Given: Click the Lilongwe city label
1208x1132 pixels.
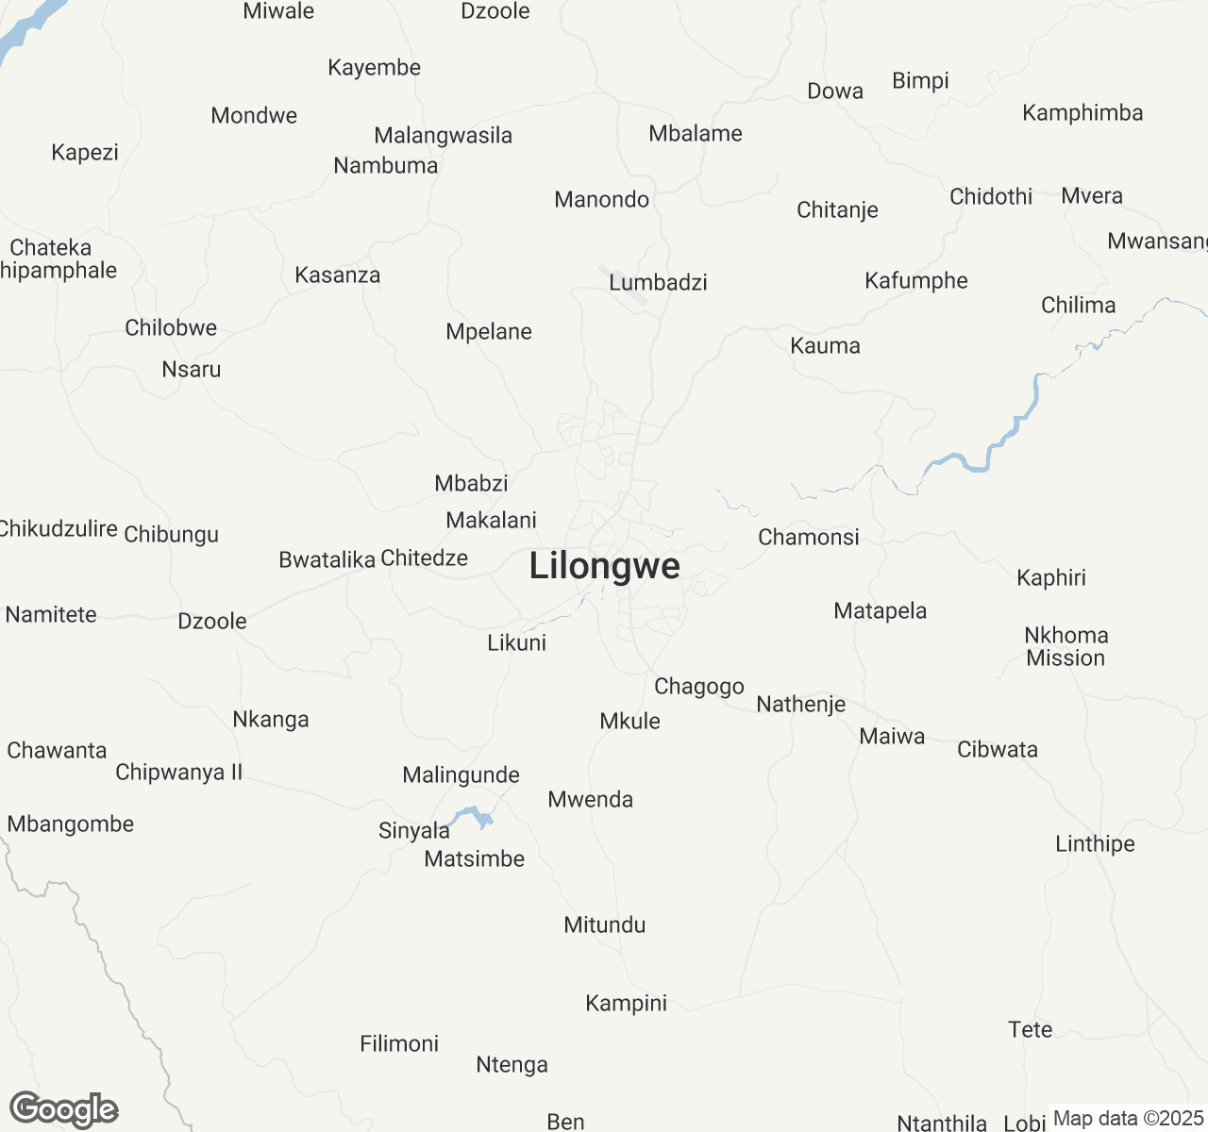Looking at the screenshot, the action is tap(604, 566).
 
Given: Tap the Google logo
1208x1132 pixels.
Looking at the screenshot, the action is tap(63, 1110).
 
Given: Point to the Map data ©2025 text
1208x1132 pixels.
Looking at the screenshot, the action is tap(1128, 1119).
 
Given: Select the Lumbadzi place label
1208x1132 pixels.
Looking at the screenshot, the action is tap(658, 282).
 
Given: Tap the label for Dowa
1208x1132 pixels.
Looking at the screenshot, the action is tap(835, 92).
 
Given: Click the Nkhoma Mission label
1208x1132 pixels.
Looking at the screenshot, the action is tap(1065, 646).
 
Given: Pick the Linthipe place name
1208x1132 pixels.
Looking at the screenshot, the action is tap(1095, 843).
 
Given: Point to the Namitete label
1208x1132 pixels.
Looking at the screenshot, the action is tap(51, 615).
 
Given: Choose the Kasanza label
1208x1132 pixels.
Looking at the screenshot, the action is tap(337, 275).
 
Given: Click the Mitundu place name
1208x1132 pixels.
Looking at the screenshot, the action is tap(604, 924).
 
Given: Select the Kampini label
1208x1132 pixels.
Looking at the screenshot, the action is tap(626, 1003).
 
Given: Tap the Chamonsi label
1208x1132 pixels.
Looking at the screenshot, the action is tap(809, 538).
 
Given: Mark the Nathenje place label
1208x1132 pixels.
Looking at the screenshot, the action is tap(800, 704).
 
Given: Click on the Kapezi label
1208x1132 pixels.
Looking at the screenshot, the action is tap(85, 153).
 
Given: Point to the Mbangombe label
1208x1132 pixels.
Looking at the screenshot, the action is tap(71, 824).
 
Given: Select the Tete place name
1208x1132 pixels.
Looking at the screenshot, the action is tap(1030, 1029).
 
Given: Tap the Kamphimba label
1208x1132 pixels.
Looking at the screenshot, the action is tap(1082, 113).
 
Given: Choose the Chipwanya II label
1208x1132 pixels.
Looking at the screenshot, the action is tap(178, 773).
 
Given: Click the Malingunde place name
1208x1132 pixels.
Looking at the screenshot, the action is tap(461, 775).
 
